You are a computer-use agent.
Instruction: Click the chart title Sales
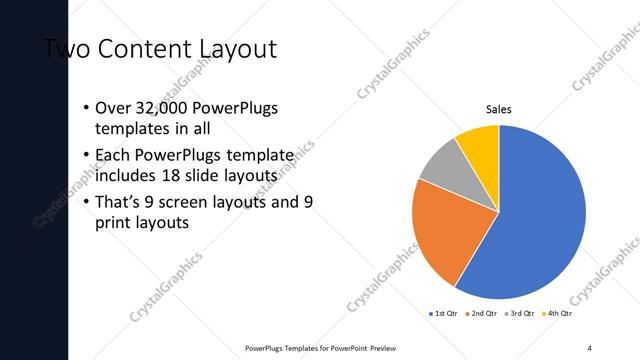[x=498, y=110]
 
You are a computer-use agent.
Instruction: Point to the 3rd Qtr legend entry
[x=520, y=313]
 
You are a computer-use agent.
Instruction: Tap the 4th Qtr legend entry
[x=558, y=313]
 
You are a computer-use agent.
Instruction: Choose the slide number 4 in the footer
[x=590, y=348]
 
